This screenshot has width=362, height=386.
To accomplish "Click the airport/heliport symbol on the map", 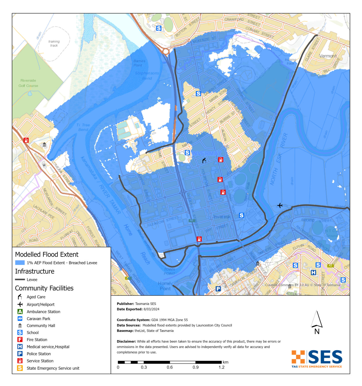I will click(x=280, y=206).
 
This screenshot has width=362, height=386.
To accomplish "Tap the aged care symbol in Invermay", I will click(x=204, y=160).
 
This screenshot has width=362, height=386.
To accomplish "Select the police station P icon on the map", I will click(x=218, y=289).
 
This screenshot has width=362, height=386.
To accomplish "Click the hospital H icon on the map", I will click(x=313, y=272).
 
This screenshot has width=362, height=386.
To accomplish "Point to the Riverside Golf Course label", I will click(x=28, y=83).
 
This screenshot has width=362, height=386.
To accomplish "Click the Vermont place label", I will click(x=328, y=56).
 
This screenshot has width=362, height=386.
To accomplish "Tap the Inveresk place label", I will click(x=222, y=217).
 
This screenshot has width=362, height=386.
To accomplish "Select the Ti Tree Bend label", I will click(x=83, y=127).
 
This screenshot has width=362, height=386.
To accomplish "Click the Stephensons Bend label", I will click(x=147, y=76).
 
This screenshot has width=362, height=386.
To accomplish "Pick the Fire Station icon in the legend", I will click(x=20, y=340).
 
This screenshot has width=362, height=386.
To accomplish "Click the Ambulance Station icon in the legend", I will click(x=20, y=312).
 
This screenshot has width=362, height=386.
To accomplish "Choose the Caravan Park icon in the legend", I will click(x=20, y=319).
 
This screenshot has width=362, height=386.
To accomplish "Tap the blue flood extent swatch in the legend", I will click(x=20, y=263).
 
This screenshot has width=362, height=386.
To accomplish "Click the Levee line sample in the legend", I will click(x=20, y=279).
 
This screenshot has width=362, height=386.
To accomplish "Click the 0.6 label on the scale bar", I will click(x=170, y=367).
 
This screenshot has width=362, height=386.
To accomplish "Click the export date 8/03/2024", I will click(x=151, y=309).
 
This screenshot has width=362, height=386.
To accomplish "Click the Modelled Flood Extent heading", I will click(x=47, y=254).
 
